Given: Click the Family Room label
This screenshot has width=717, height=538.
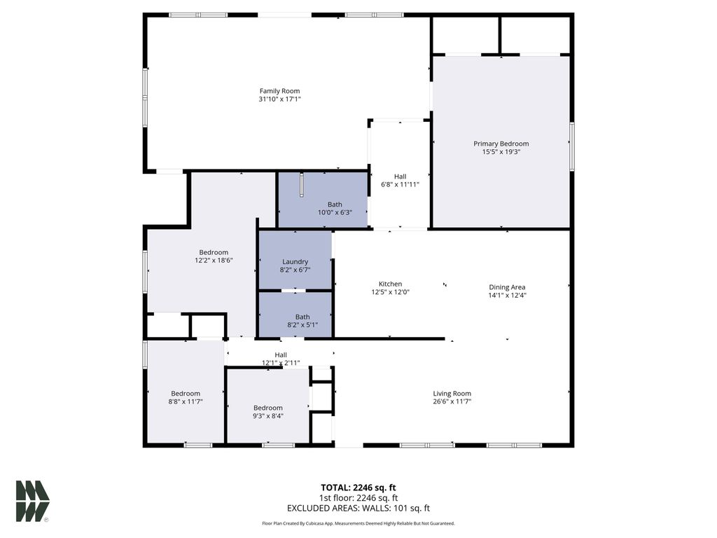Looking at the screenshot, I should click(279, 91).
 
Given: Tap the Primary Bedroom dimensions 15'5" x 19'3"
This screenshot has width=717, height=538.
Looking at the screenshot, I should click(501, 152).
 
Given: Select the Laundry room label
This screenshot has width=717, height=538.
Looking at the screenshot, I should click(295, 261).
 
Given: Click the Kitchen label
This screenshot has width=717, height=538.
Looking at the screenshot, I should click(390, 284).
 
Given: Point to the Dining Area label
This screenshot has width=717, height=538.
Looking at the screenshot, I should click(507, 287).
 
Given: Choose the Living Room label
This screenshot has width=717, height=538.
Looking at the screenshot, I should click(452, 394).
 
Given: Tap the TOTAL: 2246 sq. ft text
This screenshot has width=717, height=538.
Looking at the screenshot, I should click(358, 488).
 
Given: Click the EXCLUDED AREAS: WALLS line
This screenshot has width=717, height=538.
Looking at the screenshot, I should click(358, 509).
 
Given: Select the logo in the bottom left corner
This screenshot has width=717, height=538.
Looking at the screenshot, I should click(32, 501).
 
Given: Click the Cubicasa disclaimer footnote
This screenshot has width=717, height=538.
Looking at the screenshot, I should click(358, 523).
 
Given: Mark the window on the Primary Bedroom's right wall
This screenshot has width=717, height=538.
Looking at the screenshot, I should click(571, 146).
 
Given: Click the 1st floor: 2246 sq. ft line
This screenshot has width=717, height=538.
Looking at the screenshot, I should click(358, 498).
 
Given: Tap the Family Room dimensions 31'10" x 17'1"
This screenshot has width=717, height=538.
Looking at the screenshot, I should click(279, 99).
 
